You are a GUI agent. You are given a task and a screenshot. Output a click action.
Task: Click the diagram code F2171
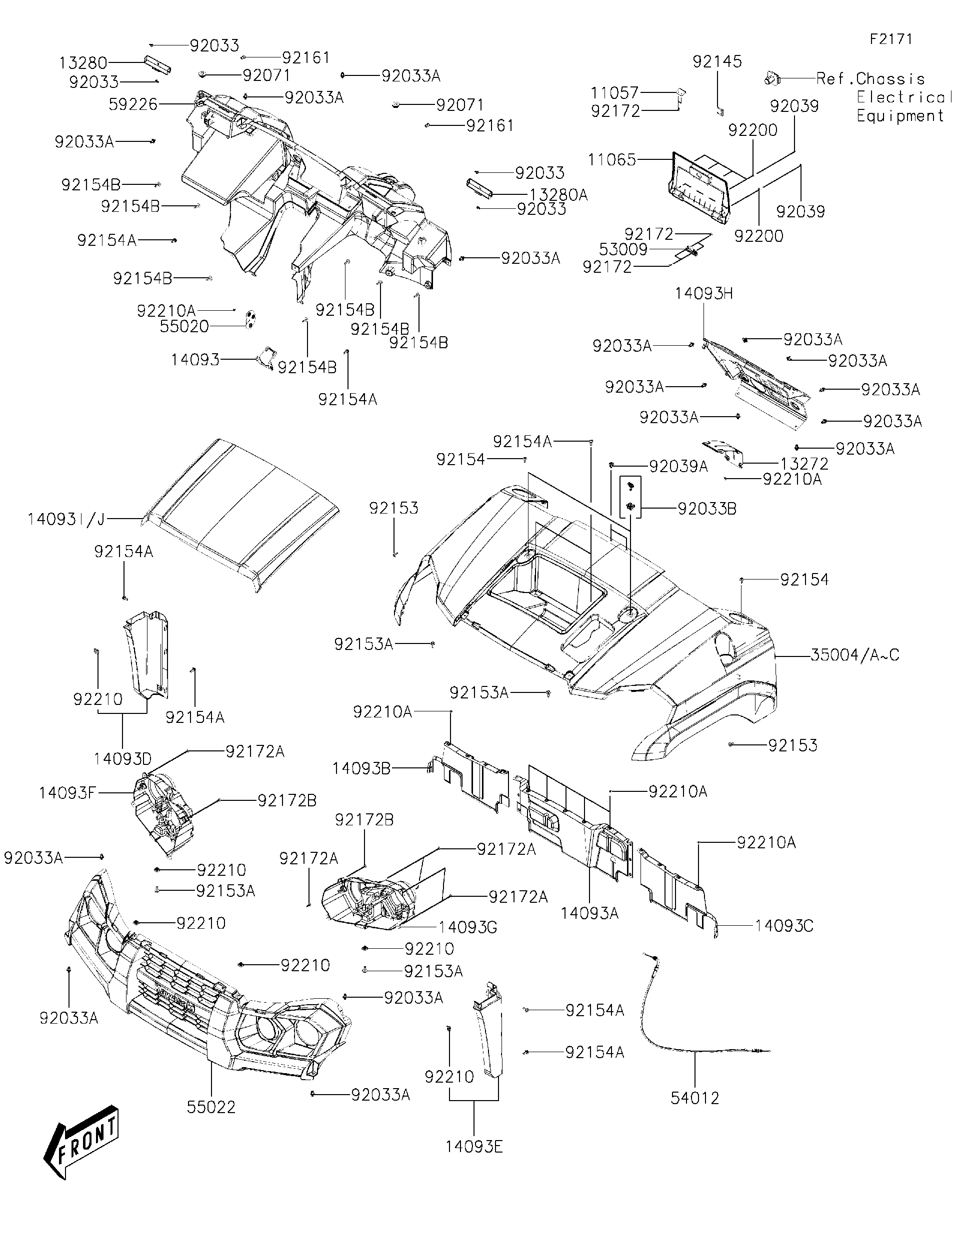[891, 38]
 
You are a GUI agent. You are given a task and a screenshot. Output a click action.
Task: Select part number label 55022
[211, 1107]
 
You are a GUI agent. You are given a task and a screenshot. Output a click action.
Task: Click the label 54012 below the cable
[695, 1098]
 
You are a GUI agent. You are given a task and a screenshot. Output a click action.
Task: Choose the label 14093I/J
[66, 519]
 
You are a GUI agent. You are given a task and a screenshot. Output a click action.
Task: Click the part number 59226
[133, 104]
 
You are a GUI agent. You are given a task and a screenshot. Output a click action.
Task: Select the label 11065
[611, 160]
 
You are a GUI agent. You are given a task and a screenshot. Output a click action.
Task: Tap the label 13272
[804, 464]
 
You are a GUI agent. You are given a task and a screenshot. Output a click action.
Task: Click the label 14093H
[704, 293]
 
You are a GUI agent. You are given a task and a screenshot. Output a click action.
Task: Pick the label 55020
[184, 326]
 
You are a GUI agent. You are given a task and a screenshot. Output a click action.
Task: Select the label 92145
[717, 61]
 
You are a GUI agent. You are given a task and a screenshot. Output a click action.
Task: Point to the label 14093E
[474, 1147]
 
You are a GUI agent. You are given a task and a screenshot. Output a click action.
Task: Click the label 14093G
[468, 928]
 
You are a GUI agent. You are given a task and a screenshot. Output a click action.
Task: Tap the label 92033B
[707, 509]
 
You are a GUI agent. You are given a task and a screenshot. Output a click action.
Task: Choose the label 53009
[623, 250]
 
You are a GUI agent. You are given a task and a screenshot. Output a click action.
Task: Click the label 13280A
[558, 195]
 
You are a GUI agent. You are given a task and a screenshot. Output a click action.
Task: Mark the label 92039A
[678, 466]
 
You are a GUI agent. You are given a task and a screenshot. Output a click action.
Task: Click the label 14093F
[67, 792]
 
